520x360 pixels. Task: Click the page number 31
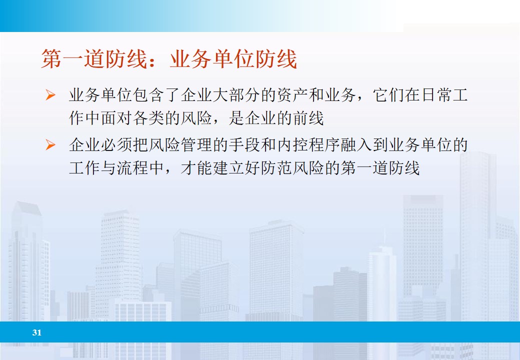[x=36, y=332]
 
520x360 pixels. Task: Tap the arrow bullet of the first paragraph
[x=50, y=94]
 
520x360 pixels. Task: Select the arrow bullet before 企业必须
[x=50, y=145]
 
